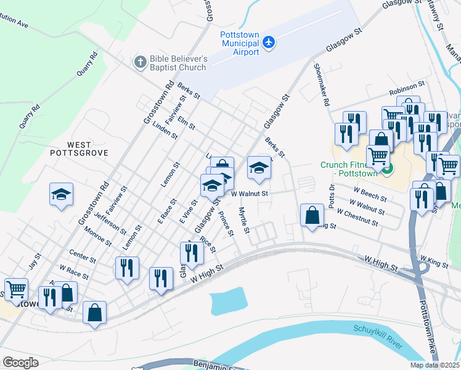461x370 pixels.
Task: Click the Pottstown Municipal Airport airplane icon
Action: tap(269, 43)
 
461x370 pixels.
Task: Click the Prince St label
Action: tap(226, 224)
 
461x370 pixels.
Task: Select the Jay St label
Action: tap(35, 261)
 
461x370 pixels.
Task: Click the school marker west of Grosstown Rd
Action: tap(62, 194)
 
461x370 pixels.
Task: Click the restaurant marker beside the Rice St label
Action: tap(192, 253)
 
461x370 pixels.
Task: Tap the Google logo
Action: tap(20, 363)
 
